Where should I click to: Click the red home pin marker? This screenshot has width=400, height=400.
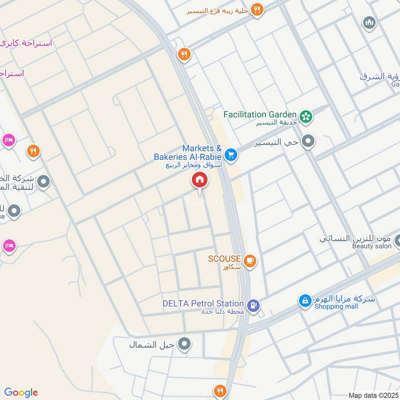point(199,180)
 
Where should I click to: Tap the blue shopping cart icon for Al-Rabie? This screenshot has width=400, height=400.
point(230,154)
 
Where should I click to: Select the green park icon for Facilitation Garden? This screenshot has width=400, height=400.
point(306,116)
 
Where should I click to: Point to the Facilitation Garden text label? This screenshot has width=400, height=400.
point(260,114)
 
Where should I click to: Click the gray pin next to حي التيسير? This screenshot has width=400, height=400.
point(308,141)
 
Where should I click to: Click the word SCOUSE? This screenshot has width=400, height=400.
point(224,259)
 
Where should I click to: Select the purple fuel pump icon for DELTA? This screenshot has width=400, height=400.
point(254,305)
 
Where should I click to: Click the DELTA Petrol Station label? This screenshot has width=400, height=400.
point(203,303)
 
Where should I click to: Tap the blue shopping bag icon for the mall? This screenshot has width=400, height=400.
point(304,301)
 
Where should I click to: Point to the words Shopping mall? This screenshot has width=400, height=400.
point(336,306)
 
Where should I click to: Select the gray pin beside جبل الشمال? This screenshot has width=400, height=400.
point(185,344)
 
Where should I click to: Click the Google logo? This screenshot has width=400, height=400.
point(21,392)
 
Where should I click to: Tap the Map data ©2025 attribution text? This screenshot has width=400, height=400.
point(372,395)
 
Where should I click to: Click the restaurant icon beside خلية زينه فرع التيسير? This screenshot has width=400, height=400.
point(257,9)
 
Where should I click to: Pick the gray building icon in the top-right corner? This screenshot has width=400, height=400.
point(369,23)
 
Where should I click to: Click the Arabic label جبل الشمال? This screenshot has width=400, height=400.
point(146,344)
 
